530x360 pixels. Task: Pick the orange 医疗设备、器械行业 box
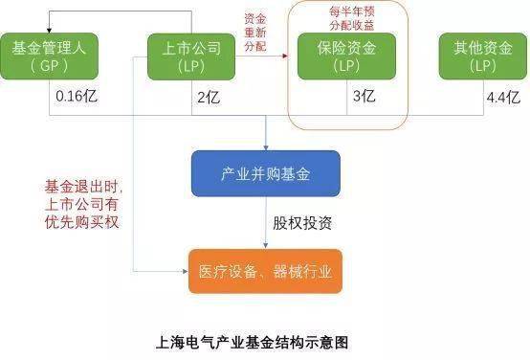coord(264,270)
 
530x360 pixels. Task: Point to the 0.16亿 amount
coord(75,98)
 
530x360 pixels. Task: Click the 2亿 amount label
coord(209,98)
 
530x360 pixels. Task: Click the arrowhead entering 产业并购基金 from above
coord(265,145)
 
